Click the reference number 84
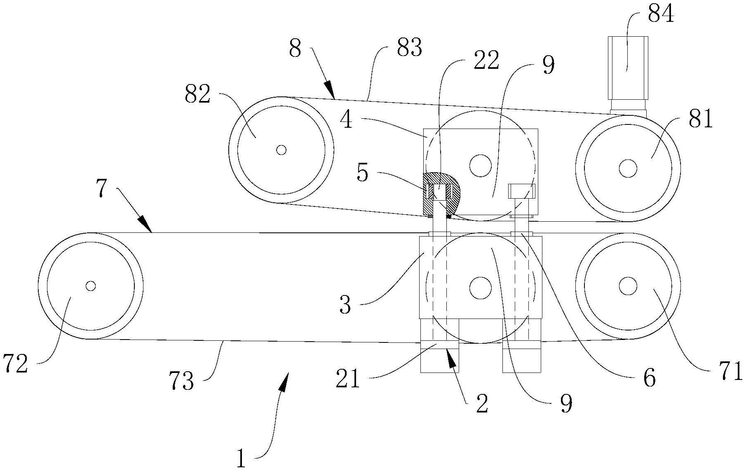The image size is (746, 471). click(x=661, y=14)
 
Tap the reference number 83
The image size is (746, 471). click(x=409, y=48)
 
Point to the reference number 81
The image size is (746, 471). click(x=700, y=120)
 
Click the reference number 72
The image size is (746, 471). click(x=15, y=364)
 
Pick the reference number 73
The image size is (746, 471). click(x=181, y=381)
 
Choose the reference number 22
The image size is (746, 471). click(x=486, y=61)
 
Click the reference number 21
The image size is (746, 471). click(x=348, y=380)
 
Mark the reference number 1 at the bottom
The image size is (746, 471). click(x=241, y=458)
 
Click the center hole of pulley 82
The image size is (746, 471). click(x=282, y=150)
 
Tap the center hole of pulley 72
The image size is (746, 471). click(x=91, y=286)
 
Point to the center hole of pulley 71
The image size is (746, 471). click(x=628, y=286)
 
